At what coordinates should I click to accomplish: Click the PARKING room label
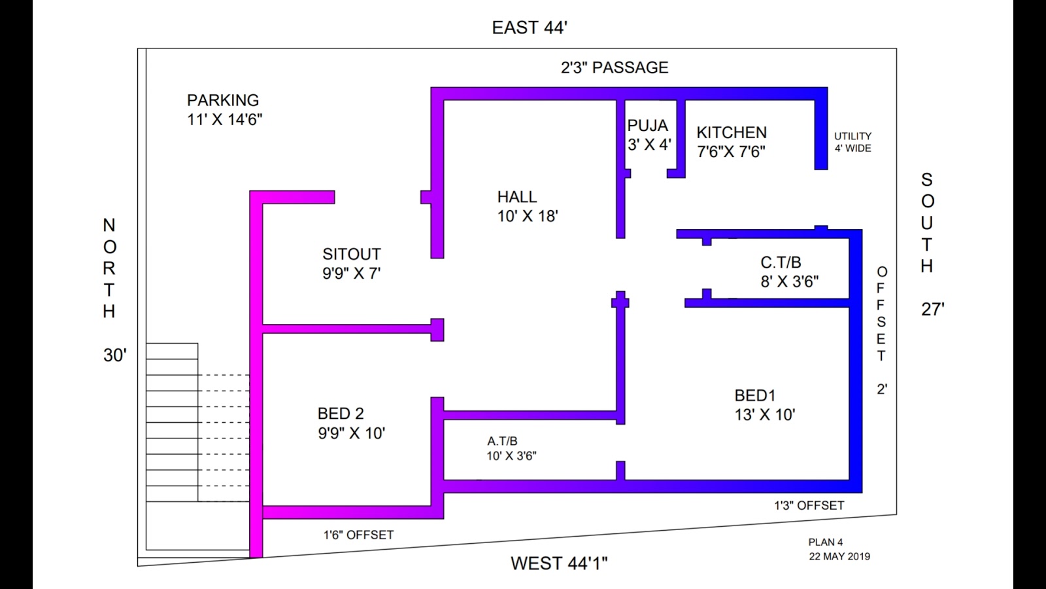223,100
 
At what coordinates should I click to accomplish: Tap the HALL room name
517,197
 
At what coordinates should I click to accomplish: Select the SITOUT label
351,254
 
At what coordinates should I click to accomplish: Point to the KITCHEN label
732,132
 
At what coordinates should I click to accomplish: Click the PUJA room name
648,126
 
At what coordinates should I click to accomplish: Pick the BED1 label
755,395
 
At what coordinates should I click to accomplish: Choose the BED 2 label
341,414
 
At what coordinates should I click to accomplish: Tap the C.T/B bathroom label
781,262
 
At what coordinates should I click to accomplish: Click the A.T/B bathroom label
502,441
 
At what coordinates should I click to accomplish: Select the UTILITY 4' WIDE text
852,142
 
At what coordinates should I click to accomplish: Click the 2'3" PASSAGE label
615,67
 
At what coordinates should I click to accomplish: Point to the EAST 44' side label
530,27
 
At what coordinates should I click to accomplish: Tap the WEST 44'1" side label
559,563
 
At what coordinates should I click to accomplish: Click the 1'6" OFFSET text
358,535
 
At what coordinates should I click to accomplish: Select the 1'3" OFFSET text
809,505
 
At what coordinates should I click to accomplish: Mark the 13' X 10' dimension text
765,415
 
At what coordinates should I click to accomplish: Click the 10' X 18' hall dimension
528,216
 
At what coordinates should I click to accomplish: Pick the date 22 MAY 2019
839,556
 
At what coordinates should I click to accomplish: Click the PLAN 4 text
826,542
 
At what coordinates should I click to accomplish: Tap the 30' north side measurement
115,355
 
